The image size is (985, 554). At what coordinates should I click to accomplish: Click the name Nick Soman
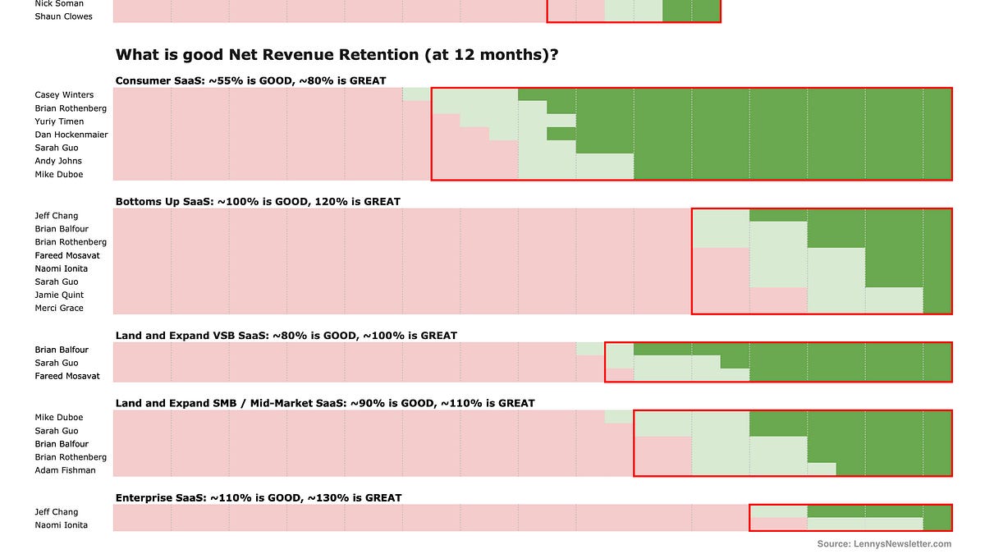pos(59,3)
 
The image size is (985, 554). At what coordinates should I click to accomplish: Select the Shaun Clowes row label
pos(63,16)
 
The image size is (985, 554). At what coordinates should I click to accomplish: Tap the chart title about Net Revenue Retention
pos(337,55)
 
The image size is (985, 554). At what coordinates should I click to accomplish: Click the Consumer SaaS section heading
pos(250,80)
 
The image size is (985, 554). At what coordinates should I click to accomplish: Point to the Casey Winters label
pos(64,95)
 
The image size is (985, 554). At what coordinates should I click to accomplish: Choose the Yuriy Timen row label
pos(59,121)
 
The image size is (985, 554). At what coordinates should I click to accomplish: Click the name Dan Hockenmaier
pos(71,135)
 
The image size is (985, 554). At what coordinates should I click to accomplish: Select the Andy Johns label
pos(57,161)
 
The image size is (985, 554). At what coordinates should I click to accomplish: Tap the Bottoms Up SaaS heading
pos(258,201)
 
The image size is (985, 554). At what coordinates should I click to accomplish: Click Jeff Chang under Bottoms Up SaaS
pos(56,216)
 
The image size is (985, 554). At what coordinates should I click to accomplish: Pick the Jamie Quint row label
pos(59,295)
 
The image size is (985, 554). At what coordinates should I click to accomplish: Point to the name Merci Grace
pos(59,308)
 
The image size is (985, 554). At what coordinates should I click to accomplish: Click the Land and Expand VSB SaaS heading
pos(286,336)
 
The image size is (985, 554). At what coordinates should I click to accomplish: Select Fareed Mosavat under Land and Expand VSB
pos(67,376)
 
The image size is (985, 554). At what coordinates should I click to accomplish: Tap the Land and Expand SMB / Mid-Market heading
pos(324,403)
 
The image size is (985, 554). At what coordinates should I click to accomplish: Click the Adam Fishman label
pos(65,470)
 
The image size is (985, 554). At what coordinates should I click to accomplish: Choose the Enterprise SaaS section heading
pos(259,497)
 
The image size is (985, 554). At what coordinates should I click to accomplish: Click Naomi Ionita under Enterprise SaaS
pos(61,525)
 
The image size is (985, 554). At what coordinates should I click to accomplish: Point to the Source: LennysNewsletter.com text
pos(884,543)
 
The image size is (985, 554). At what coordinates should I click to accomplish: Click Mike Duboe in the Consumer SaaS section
pos(58,174)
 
